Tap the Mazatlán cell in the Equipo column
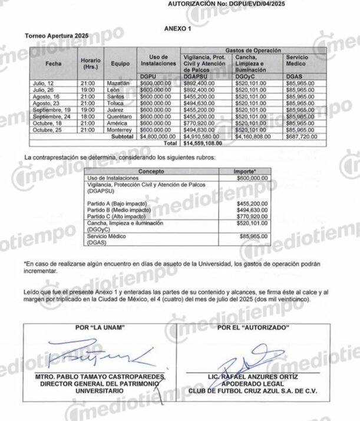[118, 84]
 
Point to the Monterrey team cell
[120, 130]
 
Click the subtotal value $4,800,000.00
[156, 136]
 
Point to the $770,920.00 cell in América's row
[200, 123]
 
